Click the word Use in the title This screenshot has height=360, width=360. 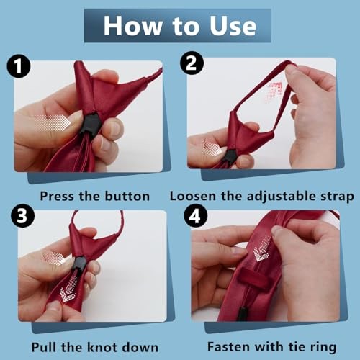(x=233, y=26)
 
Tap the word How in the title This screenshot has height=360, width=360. (x=132, y=26)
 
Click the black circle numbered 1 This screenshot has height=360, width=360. (x=19, y=66)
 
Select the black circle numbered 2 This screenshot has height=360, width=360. (x=192, y=63)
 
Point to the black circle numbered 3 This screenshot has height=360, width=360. (x=22, y=216)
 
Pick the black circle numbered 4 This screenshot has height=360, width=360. (x=196, y=216)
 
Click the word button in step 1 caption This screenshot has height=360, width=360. (x=127, y=196)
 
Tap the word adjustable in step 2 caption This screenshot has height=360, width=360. (x=281, y=197)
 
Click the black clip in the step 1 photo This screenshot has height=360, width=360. (x=89, y=124)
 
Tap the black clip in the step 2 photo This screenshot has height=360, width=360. (x=229, y=158)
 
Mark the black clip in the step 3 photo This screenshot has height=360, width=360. (x=78, y=264)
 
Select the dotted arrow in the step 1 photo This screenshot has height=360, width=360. (x=53, y=123)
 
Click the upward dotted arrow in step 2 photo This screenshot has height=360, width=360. (x=274, y=92)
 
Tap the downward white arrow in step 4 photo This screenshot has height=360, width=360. (x=261, y=248)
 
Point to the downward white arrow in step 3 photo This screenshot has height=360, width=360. (x=69, y=289)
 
